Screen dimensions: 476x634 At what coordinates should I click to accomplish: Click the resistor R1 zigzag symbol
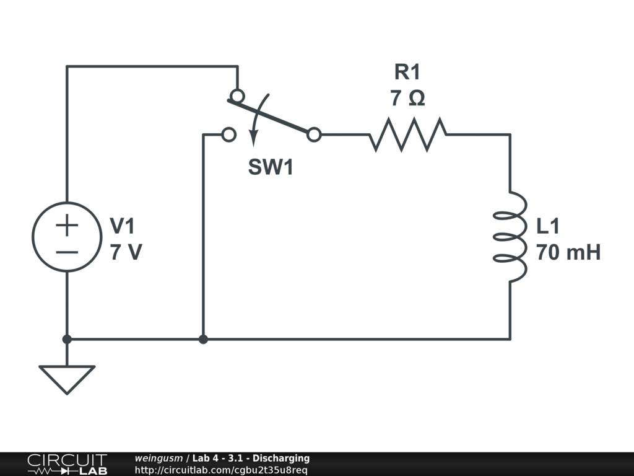click(408, 134)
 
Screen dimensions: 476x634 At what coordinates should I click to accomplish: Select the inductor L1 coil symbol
click(510, 236)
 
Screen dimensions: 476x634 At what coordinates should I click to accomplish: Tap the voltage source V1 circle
click(67, 236)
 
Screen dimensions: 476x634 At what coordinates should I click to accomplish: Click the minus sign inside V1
click(67, 252)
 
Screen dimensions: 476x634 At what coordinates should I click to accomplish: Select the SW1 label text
click(271, 167)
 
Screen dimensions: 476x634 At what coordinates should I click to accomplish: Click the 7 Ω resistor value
click(407, 99)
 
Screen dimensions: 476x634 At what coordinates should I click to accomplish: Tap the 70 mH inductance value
click(568, 253)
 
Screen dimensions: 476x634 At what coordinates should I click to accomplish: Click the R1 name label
click(407, 73)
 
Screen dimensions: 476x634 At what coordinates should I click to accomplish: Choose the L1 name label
click(548, 226)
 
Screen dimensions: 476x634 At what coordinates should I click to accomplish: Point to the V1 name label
click(122, 226)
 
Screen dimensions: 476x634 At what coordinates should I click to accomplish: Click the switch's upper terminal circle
click(237, 96)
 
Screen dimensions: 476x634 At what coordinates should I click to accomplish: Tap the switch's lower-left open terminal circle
click(228, 134)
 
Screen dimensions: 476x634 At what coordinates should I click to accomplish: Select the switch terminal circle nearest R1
click(314, 134)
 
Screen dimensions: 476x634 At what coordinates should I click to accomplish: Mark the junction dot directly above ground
click(67, 339)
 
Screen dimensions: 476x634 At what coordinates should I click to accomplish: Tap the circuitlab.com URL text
click(220, 470)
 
